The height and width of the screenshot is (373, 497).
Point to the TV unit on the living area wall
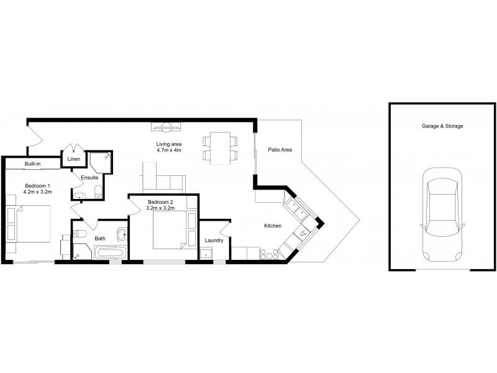166,128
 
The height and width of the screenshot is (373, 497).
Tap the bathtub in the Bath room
110,253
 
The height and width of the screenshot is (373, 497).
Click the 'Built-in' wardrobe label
32,163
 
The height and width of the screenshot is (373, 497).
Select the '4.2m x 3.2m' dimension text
37,192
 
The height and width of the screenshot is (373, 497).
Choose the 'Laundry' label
214,240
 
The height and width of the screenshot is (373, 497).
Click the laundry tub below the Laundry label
206,254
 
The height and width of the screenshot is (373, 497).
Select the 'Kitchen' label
273,226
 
